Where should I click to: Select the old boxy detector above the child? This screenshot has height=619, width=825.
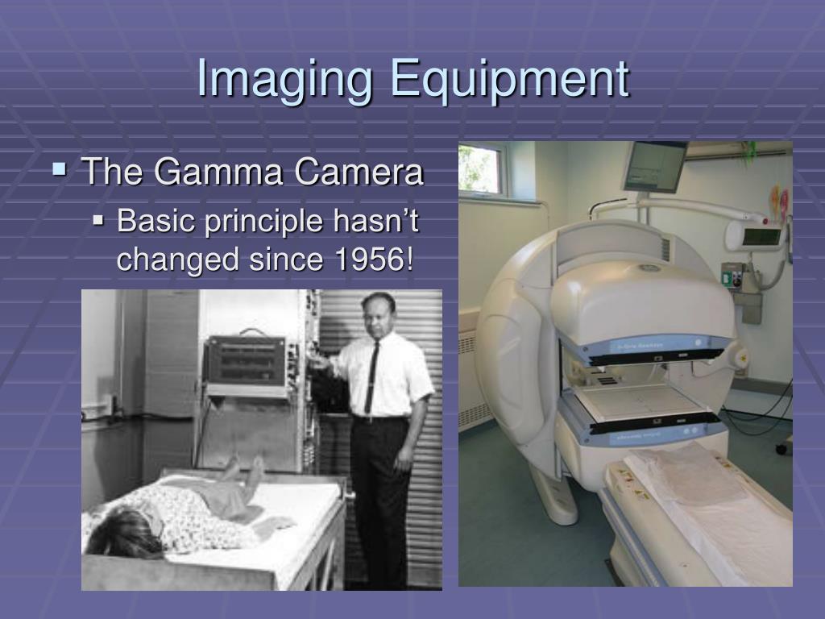245,362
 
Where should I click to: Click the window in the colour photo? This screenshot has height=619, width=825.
482,169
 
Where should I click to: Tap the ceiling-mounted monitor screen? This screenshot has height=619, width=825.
654,166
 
